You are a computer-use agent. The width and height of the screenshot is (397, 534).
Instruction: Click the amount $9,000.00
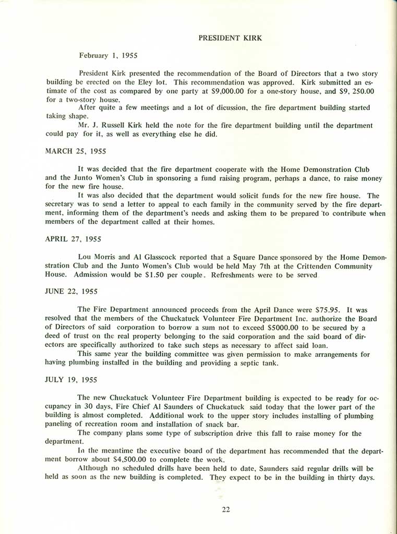click(x=216, y=91)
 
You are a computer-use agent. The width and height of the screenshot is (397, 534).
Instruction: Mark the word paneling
click(x=62, y=424)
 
